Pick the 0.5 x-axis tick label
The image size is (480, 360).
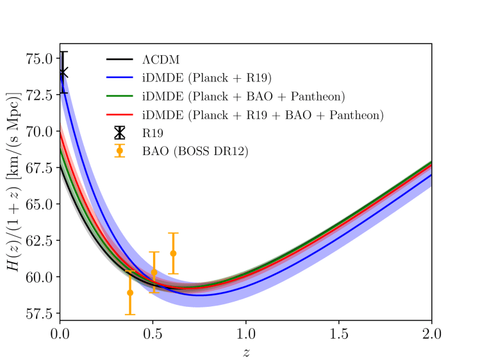(153, 334)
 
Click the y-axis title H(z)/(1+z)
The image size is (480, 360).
(14, 181)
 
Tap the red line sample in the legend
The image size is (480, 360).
(119, 115)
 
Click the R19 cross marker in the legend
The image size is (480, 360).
(119, 134)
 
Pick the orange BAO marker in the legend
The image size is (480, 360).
(119, 151)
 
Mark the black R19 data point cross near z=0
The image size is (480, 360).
(63, 72)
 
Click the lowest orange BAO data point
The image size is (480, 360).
(130, 292)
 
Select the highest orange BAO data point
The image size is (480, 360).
(173, 253)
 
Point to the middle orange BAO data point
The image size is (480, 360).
(154, 272)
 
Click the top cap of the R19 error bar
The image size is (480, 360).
(63, 52)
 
